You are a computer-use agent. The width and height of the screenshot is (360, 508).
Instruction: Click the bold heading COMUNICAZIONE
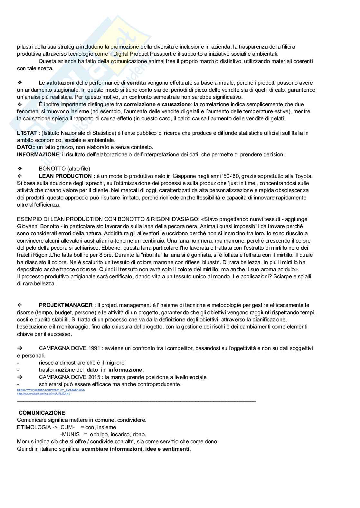[42, 413]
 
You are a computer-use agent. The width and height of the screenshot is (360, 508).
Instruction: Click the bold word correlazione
[139, 104]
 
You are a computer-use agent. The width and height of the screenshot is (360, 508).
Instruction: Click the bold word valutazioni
[61, 83]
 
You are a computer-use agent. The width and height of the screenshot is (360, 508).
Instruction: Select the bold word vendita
[137, 83]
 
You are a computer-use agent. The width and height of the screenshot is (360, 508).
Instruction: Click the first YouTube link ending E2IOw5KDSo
[51, 390]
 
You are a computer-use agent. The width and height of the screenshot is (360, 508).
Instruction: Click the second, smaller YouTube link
[43, 394]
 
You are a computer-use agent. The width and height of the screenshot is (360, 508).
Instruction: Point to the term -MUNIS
[70, 434]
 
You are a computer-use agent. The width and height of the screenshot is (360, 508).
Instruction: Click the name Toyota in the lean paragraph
[304, 176]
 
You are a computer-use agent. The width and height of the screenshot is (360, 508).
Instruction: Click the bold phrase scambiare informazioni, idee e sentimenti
[136, 449]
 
